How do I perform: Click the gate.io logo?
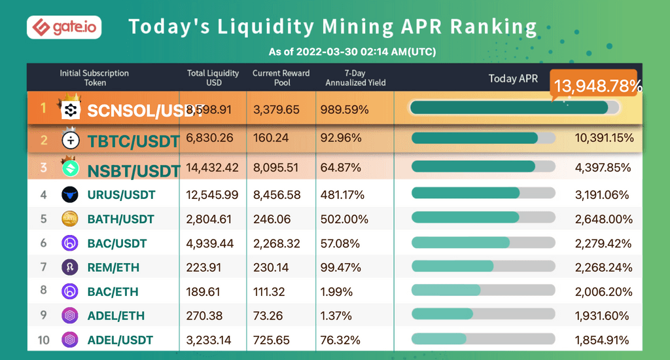coord(63,27)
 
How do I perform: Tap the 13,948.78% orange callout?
coord(597,86)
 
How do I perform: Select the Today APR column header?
coord(513,79)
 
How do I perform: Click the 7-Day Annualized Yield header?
coord(355,78)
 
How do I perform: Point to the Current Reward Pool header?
coord(281,78)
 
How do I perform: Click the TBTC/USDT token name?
coord(133,140)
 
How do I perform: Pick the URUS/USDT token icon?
coord(70,194)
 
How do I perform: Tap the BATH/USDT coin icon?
coord(70,219)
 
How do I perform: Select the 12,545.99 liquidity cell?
coord(212,194)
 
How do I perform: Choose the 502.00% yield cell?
coord(341,219)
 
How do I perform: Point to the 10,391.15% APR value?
coord(604,138)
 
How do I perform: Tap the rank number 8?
coord(44,291)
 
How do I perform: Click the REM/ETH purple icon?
coord(70,267)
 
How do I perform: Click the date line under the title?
coord(352,52)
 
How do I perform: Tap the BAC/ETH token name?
coord(113,291)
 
